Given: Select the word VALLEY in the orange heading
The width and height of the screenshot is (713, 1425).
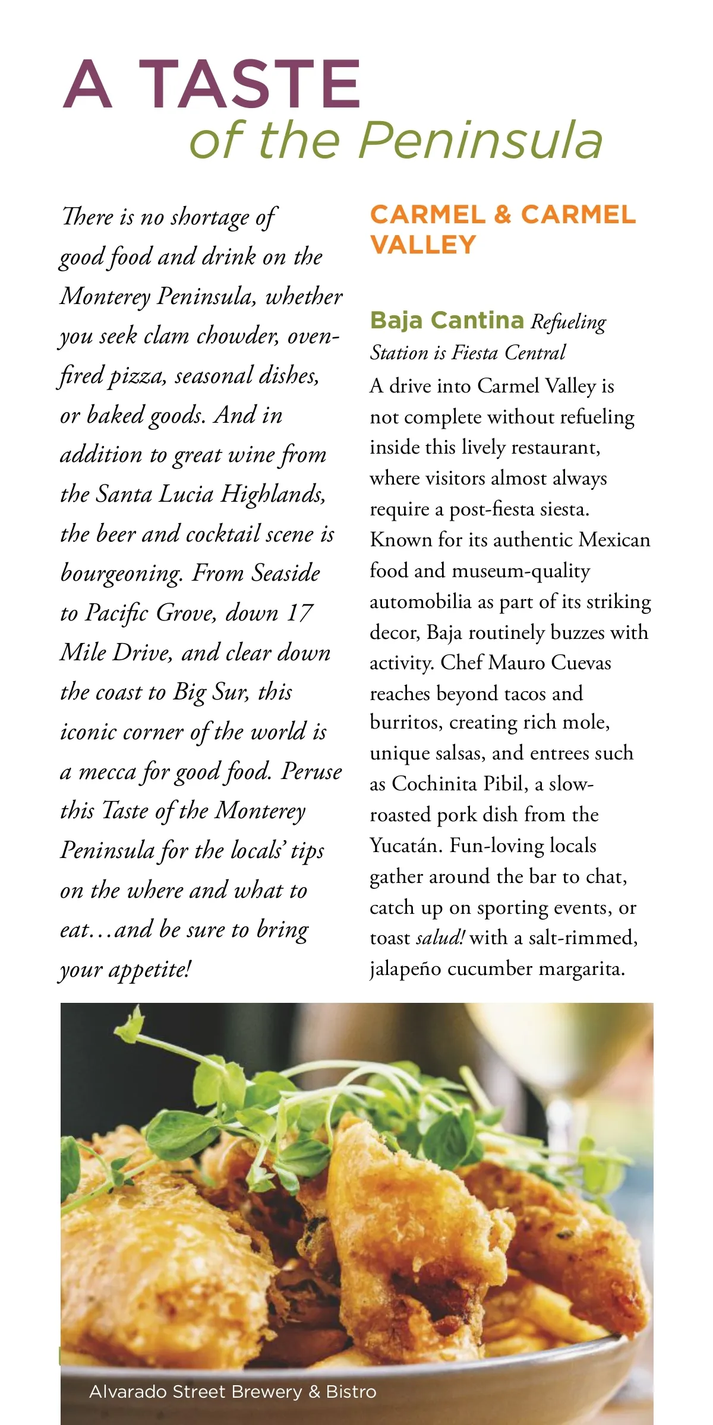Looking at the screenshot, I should tap(423, 245).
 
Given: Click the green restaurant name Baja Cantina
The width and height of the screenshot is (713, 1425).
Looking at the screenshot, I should tap(447, 321).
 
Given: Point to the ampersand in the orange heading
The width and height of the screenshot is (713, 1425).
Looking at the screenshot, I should tap(502, 215).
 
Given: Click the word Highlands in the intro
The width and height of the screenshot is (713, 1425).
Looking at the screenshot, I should tap(273, 494).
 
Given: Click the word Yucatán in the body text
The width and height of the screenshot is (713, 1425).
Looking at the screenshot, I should tap(406, 845).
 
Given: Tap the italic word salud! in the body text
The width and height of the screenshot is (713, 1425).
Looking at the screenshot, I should tap(440, 938).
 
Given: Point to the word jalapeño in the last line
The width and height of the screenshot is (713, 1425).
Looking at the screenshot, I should tap(405, 969).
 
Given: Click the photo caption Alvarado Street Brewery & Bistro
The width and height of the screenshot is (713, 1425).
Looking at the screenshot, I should tap(232, 1392).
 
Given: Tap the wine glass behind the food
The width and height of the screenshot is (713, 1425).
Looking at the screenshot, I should tap(594, 1063).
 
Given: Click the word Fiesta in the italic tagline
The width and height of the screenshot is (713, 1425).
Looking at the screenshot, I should tap(475, 353).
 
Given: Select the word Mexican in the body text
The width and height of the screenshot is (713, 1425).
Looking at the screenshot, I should tap(614, 540).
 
